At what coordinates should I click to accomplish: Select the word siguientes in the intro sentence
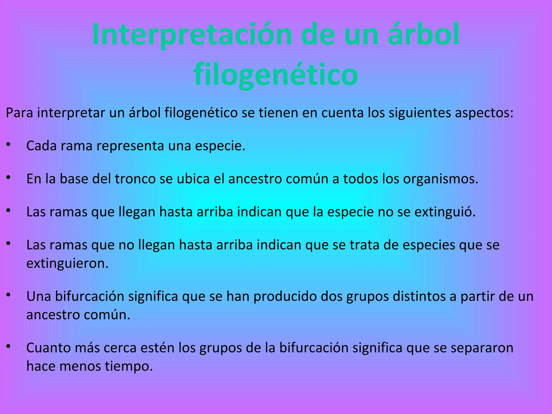(420, 113)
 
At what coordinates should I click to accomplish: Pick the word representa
(130, 146)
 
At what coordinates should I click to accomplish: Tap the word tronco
(135, 179)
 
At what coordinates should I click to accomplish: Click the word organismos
(440, 179)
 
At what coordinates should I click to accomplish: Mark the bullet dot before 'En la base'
(8, 177)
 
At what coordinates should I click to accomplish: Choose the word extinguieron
(67, 263)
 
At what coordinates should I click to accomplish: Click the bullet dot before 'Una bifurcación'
(8, 295)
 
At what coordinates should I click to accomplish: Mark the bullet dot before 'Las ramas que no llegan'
(8, 243)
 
